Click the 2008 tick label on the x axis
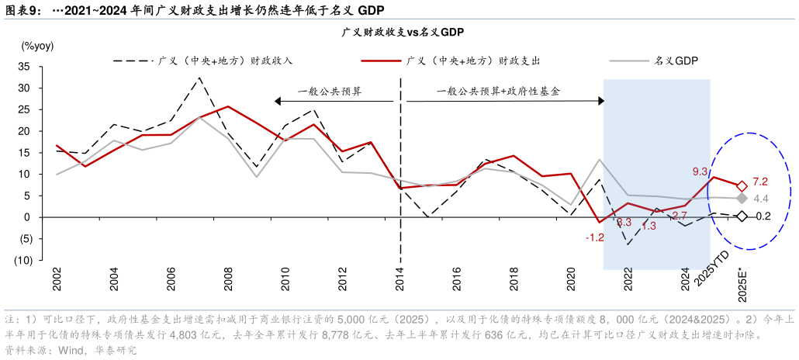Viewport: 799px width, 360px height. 228,281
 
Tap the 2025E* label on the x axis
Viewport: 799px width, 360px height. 743,282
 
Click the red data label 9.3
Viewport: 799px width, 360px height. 699,171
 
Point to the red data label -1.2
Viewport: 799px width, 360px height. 593,237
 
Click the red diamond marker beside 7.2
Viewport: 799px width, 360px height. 742,186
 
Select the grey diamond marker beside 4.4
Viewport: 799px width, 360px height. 742,199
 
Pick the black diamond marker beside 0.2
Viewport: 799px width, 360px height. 742,216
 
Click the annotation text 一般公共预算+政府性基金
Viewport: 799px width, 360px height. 497,91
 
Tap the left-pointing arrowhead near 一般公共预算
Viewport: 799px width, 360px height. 276,100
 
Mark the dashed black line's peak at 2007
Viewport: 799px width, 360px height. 199,78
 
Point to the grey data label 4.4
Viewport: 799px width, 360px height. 760,199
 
